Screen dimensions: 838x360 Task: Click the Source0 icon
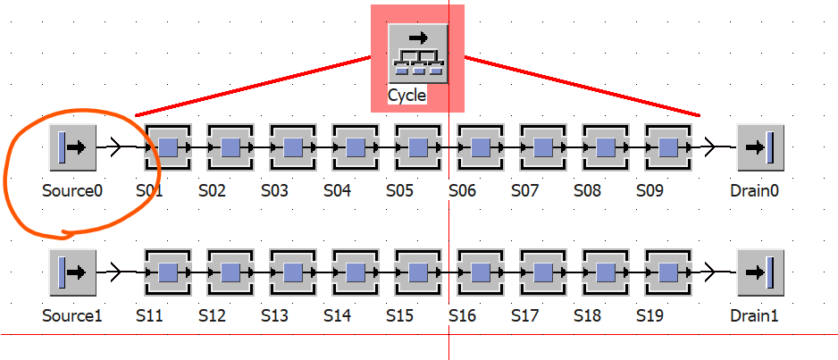click(72, 147)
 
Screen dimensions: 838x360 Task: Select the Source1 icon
click(72, 272)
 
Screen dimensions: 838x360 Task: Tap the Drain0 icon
click(760, 147)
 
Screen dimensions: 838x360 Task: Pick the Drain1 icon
click(760, 272)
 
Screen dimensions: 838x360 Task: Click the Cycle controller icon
click(418, 53)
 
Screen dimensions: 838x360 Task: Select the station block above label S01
click(168, 147)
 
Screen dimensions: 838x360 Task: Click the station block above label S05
click(418, 147)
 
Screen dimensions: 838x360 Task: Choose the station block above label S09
click(668, 147)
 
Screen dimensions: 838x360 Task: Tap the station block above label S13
click(293, 272)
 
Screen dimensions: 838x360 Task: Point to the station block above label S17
click(543, 272)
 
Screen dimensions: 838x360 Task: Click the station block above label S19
click(668, 272)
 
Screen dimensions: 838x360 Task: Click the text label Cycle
click(407, 96)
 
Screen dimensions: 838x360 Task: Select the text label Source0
click(72, 190)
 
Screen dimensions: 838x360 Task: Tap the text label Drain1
click(754, 315)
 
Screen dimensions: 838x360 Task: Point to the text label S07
click(524, 190)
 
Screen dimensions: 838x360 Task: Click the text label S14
click(337, 315)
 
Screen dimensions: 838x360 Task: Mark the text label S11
click(150, 315)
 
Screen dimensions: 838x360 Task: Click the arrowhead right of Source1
click(115, 272)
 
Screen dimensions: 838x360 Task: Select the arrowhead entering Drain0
click(709, 147)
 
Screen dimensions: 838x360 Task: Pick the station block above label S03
click(293, 147)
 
